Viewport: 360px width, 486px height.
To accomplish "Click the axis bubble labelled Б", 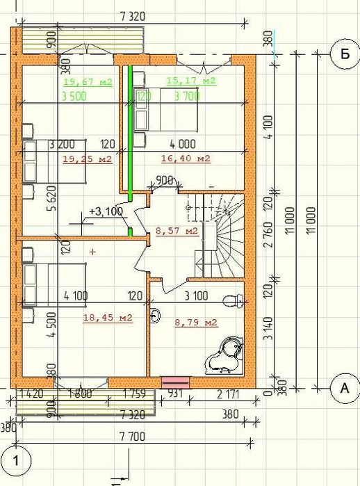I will [343, 54].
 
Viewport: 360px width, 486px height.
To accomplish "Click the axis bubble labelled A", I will [343, 389].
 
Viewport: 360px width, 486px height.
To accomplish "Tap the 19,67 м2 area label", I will [87, 81].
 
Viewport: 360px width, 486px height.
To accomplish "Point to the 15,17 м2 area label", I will [191, 81].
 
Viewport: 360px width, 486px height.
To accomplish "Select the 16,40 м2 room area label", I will [186, 159].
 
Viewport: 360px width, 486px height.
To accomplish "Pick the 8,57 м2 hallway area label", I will [177, 230].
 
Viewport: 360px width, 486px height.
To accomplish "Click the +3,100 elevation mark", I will [106, 211].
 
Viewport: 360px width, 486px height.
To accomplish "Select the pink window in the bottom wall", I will [175, 381].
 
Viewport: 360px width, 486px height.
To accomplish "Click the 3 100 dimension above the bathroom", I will [195, 296].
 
